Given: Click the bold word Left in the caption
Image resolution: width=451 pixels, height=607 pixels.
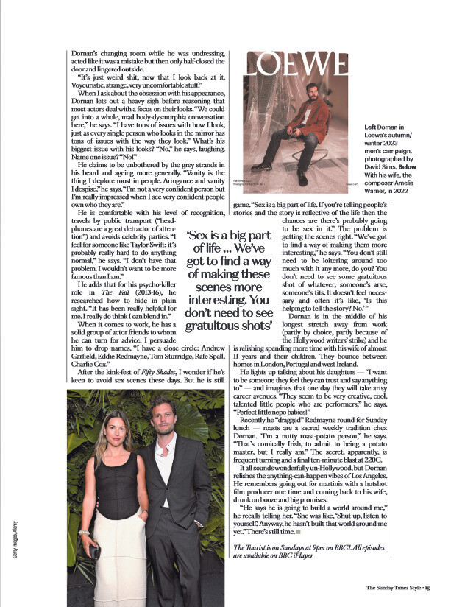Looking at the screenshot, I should [371, 127].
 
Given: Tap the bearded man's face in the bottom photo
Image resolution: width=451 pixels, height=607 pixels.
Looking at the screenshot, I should [170, 417].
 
